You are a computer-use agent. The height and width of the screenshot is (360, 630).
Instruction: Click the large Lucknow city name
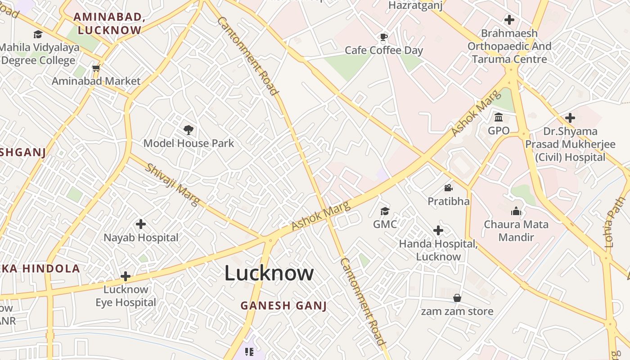point(269,273)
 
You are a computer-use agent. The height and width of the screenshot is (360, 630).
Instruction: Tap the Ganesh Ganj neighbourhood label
point(283,306)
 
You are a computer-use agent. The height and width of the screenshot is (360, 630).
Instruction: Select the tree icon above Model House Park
point(189,130)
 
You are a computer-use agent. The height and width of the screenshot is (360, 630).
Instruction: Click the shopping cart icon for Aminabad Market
point(96,68)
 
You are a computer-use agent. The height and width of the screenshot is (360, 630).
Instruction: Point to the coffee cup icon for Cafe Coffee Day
point(383,37)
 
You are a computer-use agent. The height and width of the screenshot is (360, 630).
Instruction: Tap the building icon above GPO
point(499,117)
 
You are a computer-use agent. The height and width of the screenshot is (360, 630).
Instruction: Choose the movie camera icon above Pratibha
point(448,188)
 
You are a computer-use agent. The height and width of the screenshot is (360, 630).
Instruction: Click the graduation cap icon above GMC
point(385,211)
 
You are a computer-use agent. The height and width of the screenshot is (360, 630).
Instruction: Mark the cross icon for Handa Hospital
point(438,231)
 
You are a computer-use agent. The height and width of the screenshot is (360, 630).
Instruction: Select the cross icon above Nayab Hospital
point(141,224)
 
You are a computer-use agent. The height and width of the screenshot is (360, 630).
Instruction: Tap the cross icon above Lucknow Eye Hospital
point(126,276)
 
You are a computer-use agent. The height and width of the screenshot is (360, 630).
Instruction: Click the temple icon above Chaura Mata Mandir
point(516,211)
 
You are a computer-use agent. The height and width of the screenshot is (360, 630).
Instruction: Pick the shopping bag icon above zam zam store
point(457,298)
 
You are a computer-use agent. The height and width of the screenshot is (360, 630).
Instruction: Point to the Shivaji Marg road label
point(172,184)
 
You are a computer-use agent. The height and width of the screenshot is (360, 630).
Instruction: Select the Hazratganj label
point(415,5)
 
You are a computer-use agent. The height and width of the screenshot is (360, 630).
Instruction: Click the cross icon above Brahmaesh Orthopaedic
point(509,20)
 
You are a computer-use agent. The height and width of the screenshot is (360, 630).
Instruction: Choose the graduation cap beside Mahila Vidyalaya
point(38,34)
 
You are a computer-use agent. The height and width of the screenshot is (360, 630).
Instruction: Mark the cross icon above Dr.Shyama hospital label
point(570,118)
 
